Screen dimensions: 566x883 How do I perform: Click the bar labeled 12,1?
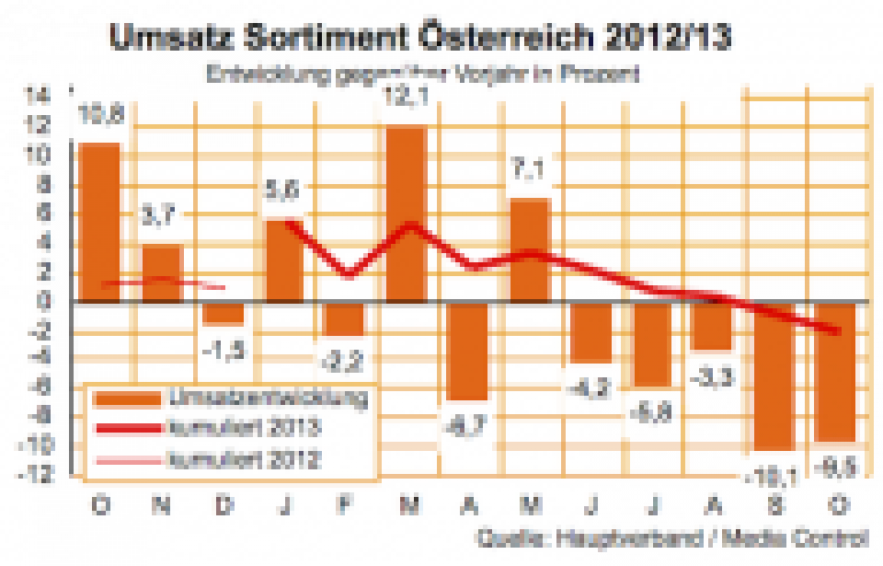406,214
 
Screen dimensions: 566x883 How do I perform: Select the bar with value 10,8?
98,222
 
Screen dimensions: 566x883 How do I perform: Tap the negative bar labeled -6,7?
468,351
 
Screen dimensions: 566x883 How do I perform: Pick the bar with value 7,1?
531,249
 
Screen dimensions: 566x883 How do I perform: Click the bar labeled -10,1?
774,376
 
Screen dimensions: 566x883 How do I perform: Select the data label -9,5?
837,465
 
